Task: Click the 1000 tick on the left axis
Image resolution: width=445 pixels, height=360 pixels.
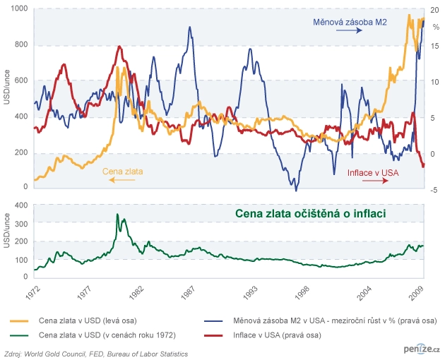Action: tap(19, 8)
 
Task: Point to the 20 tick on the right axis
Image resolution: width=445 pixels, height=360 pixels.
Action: tap(434, 11)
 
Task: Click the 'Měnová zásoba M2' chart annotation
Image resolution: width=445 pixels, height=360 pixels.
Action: tap(350, 23)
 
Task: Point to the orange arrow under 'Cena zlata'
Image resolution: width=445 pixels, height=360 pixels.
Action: tap(121, 181)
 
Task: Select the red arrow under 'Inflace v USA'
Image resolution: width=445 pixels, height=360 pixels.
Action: tap(375, 181)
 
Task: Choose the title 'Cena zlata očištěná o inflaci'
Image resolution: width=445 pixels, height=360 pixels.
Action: tap(313, 212)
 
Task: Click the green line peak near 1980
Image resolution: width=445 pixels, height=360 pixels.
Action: tap(117, 215)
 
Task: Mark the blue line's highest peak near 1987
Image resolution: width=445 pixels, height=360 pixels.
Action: tap(190, 28)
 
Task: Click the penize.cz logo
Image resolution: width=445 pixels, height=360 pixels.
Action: tap(417, 350)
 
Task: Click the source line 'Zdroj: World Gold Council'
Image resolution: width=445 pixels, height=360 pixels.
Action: tap(96, 352)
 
